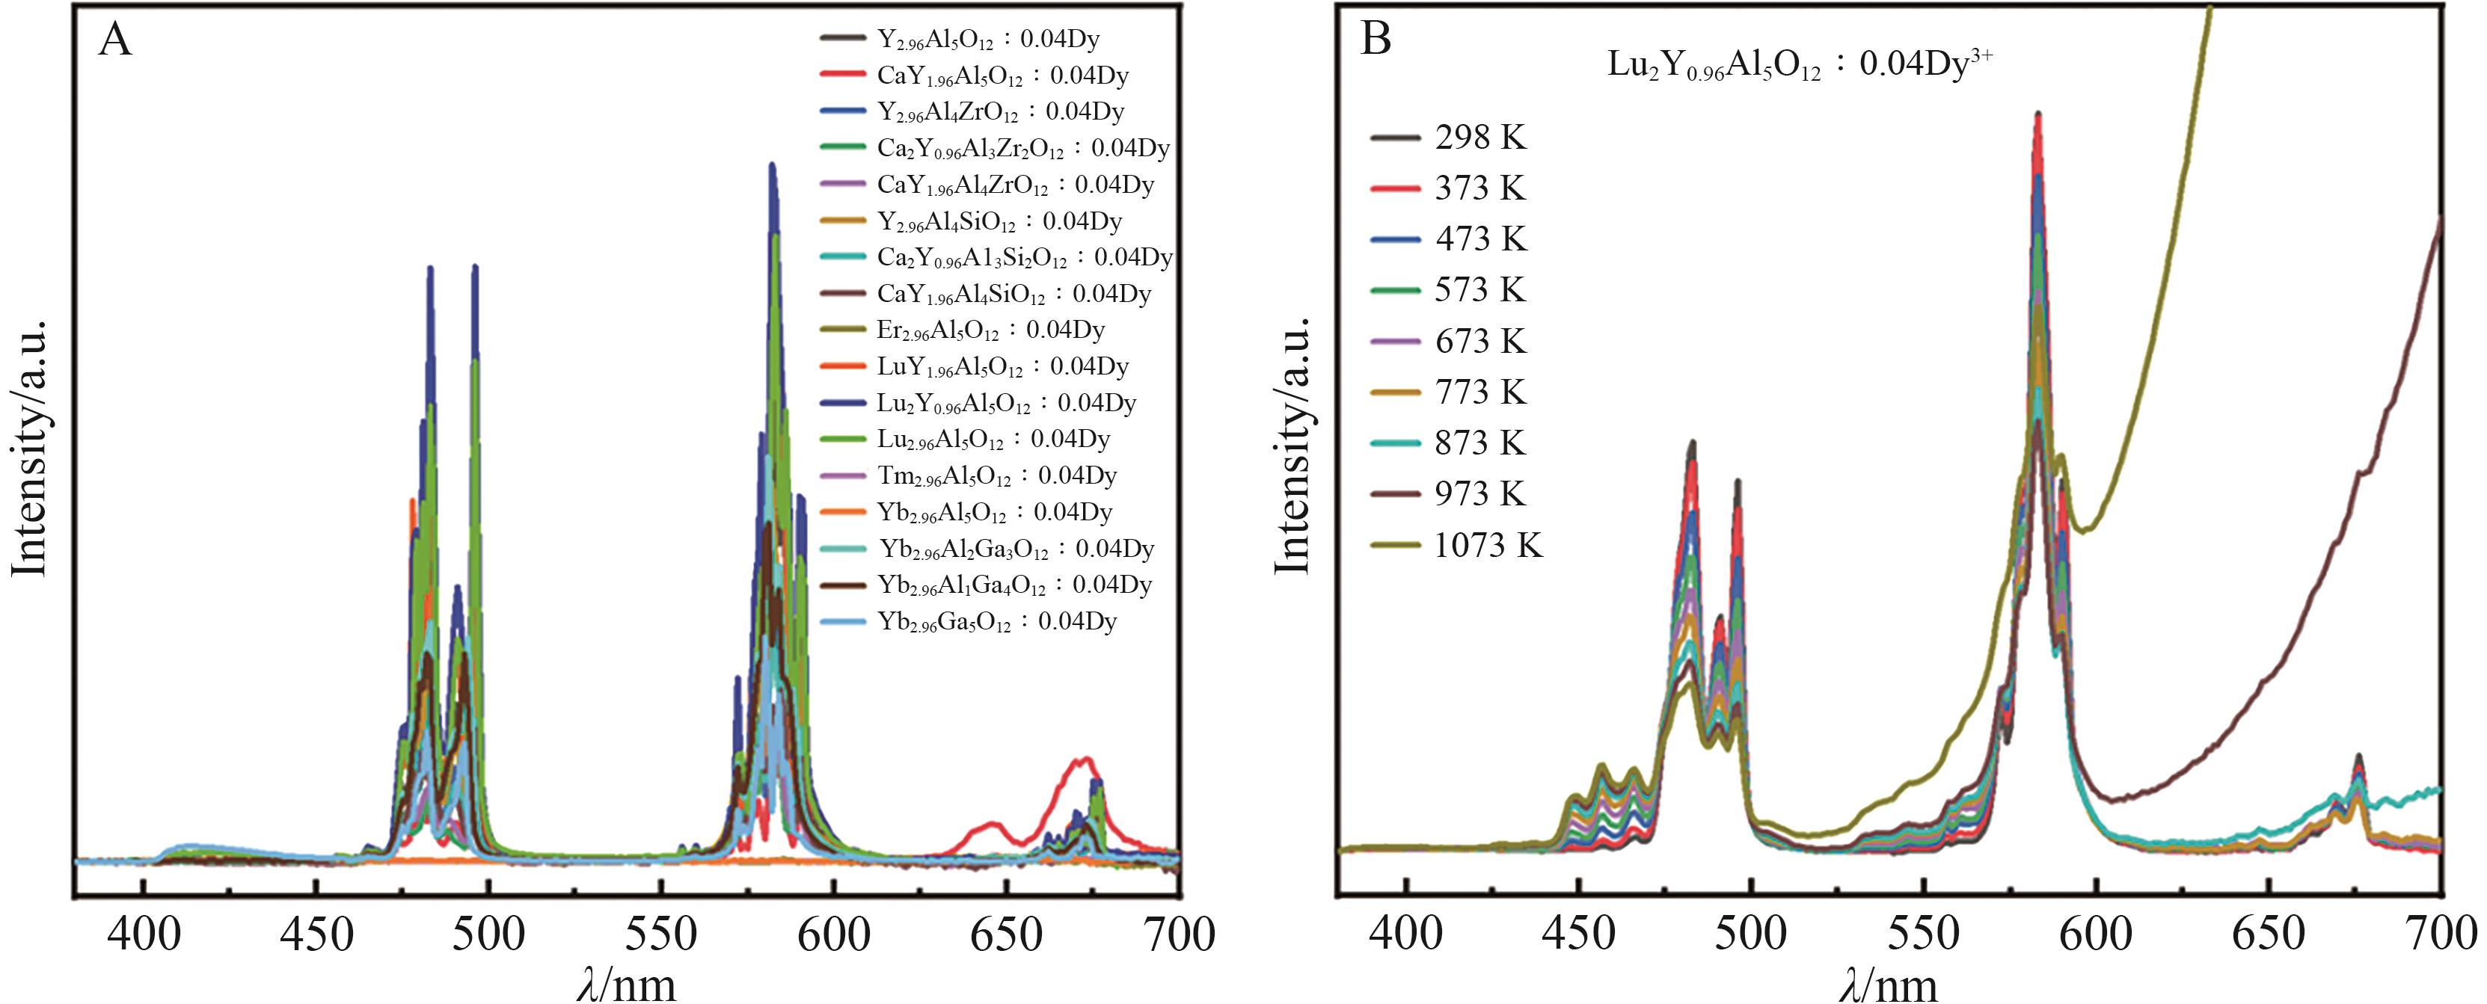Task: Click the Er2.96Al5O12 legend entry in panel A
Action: (990, 330)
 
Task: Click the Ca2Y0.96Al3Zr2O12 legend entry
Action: (1022, 149)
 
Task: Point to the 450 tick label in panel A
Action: (316, 934)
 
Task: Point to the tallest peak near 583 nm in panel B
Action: (2038, 116)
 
